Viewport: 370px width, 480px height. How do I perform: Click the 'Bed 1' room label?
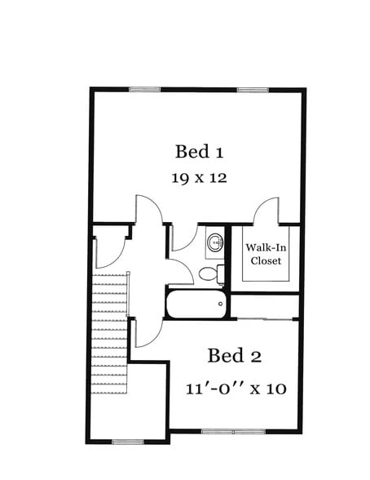[200, 152]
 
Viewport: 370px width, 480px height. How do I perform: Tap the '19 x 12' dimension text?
[199, 178]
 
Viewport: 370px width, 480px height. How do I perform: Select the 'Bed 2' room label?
[234, 356]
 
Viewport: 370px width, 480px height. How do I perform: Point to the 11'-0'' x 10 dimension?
[236, 388]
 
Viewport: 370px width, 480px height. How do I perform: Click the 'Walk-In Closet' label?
[266, 254]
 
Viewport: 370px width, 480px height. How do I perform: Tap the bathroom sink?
[215, 242]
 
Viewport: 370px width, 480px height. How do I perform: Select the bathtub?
[196, 304]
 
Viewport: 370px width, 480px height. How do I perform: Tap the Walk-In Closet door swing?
[266, 211]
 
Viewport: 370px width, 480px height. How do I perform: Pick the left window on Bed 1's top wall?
[144, 89]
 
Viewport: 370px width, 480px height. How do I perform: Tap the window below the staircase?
[127, 442]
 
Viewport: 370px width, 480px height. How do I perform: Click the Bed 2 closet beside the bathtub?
[265, 306]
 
